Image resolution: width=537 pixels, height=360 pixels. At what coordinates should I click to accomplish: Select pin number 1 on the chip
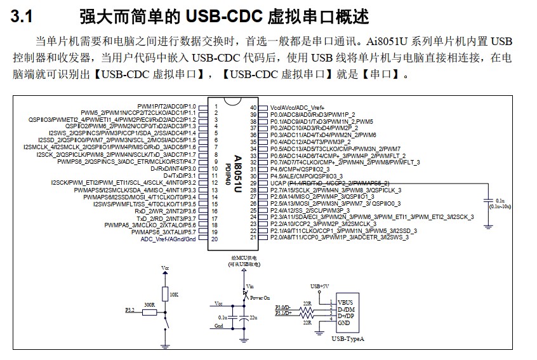(216, 107)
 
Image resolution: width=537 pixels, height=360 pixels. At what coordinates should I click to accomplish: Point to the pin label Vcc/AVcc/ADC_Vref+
(298, 107)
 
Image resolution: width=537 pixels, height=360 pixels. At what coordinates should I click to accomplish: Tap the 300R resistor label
(150, 305)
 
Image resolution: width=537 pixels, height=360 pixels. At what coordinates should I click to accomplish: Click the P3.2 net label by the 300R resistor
(129, 310)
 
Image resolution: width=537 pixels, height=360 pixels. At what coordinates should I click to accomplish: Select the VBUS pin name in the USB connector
(345, 302)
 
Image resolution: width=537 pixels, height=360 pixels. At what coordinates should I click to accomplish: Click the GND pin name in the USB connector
(344, 323)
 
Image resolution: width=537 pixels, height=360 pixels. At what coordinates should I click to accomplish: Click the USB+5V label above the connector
(321, 286)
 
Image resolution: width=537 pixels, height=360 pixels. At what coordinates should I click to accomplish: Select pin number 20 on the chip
(216, 239)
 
